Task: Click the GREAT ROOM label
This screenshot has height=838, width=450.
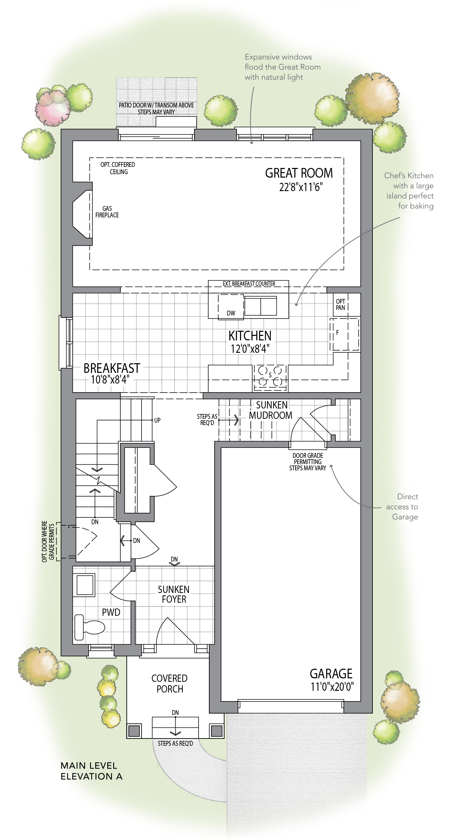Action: click(x=299, y=173)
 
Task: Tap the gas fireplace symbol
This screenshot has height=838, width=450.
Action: click(x=82, y=213)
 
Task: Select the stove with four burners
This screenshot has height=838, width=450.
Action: click(x=270, y=378)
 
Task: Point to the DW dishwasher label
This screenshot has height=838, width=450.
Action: click(x=231, y=313)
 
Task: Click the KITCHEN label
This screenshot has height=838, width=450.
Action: click(x=250, y=336)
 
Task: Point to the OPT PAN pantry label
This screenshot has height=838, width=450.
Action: click(x=340, y=304)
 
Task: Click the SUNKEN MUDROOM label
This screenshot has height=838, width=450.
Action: click(x=271, y=410)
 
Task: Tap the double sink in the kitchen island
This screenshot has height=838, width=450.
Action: click(x=261, y=305)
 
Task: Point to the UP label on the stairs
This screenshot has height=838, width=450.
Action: click(x=157, y=421)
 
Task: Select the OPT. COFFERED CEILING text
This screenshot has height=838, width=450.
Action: click(x=118, y=168)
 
